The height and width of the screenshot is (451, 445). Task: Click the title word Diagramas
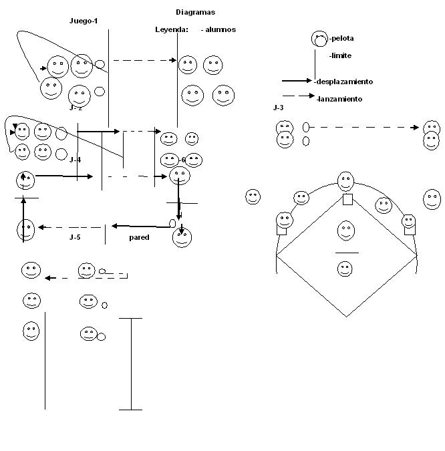pos(196,12)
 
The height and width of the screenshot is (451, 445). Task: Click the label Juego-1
pos(84,21)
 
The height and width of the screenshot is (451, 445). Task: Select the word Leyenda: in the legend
pos(172,29)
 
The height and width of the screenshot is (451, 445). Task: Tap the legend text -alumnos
pos(218,29)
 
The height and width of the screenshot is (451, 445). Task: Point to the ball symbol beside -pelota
pos(320,39)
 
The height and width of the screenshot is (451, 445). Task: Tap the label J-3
pos(278,108)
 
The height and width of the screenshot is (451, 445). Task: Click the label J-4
pos(75,160)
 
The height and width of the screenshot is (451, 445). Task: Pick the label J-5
pos(75,237)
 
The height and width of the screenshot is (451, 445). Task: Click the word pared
pos(139,237)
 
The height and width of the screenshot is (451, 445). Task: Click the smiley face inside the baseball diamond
pos(345,231)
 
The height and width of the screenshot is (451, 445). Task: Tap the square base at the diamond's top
pos(347,199)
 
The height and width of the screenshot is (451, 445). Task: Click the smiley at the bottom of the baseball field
pos(344,269)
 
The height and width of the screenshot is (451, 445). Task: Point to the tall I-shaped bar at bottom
pos(130,363)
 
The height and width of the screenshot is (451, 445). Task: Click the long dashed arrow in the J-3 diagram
pos(364,127)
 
